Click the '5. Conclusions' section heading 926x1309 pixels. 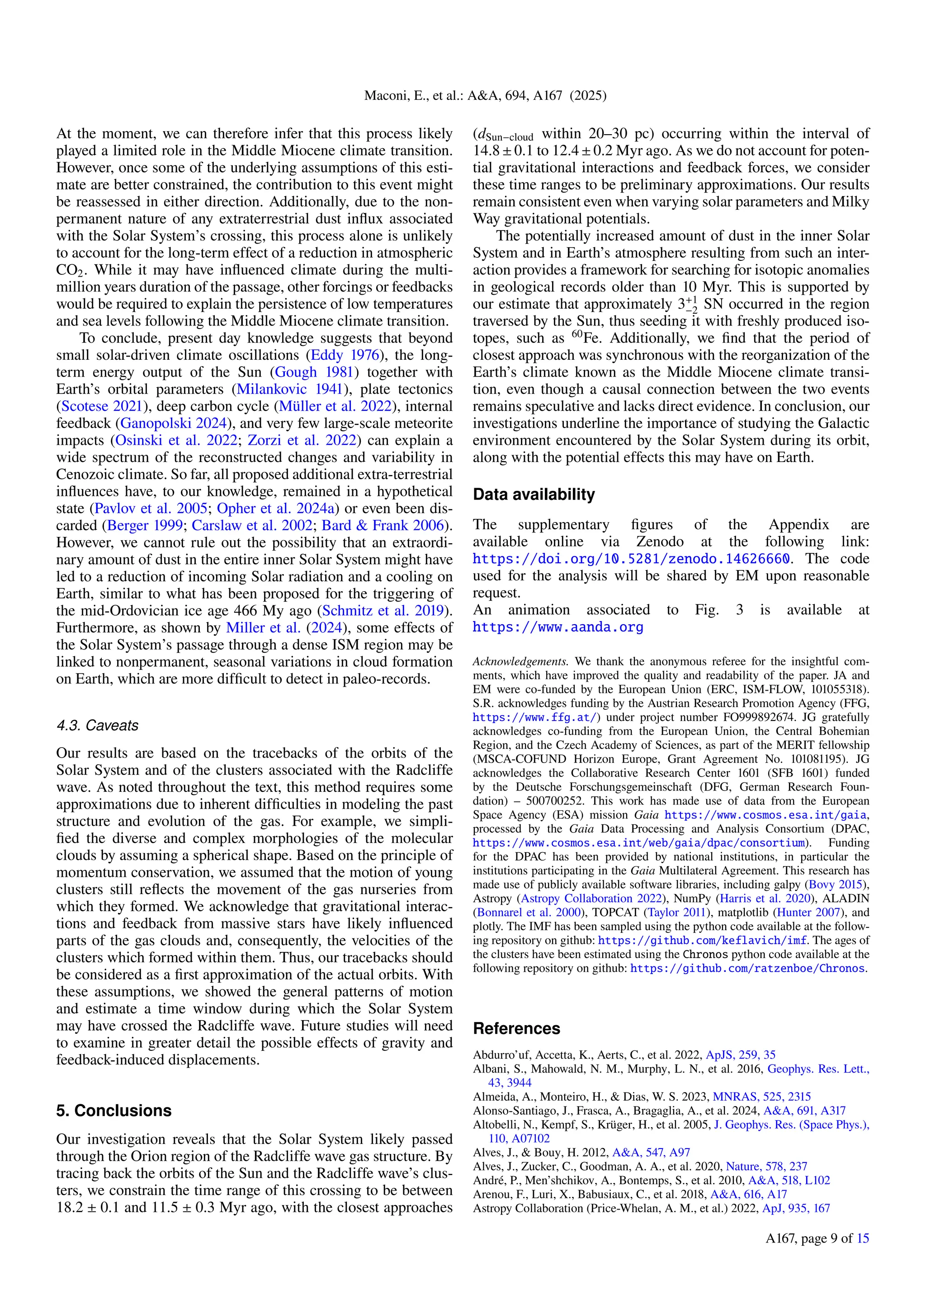(x=113, y=1111)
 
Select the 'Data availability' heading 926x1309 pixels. (x=534, y=494)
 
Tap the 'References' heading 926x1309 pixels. (x=517, y=1028)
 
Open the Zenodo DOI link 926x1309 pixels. (x=631, y=559)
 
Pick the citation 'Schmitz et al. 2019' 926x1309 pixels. (x=383, y=611)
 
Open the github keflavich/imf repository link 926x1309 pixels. (x=702, y=941)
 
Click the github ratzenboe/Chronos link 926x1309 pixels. (x=747, y=968)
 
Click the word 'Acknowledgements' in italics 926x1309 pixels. (x=520, y=662)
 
